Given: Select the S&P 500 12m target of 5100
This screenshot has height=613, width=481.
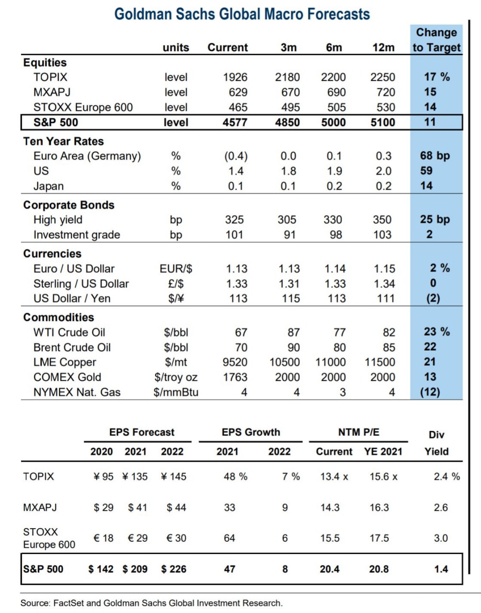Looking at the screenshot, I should [383, 122].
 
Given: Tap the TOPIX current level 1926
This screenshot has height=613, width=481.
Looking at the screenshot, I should [235, 77].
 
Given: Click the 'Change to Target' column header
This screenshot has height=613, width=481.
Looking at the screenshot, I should [436, 40].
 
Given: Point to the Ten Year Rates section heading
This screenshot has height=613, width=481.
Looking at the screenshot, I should [63, 141].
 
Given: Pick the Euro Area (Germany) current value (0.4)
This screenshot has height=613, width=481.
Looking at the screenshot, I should [236, 156].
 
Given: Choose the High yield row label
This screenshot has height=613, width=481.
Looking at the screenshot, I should [58, 220].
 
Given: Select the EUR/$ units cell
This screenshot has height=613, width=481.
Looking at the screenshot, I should [176, 269].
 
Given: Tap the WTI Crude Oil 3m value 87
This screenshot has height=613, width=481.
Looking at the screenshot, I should [293, 332].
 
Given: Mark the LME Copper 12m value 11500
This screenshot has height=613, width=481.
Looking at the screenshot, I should [380, 362].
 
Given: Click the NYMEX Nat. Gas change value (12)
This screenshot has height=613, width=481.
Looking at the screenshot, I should [430, 392].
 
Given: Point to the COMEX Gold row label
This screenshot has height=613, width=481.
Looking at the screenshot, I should [67, 377].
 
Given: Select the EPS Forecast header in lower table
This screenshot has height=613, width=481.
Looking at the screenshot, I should [142, 432].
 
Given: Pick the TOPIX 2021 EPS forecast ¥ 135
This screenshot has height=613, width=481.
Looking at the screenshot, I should [135, 477].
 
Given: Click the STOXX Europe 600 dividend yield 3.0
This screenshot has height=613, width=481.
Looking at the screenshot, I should [441, 538].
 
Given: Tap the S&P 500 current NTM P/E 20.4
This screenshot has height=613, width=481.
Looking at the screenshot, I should [330, 569].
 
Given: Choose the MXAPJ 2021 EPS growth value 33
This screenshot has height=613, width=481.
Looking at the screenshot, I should [229, 507].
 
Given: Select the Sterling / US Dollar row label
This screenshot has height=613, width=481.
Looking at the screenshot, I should [81, 284].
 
